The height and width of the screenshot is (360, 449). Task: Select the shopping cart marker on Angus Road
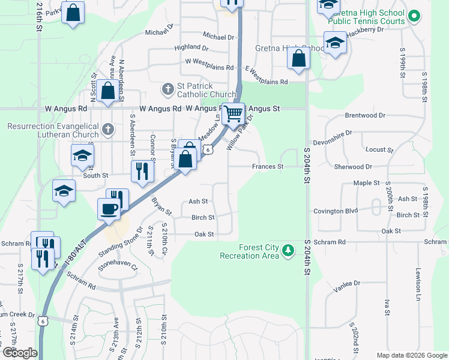click(x=234, y=113)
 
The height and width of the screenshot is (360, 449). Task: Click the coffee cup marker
click(x=109, y=209)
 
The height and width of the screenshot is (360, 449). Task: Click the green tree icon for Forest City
click(x=289, y=249)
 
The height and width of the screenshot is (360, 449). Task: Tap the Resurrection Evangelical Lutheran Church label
click(x=53, y=130)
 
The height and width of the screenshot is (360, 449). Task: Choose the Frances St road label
click(x=267, y=167)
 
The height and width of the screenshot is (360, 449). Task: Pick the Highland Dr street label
click(x=191, y=47)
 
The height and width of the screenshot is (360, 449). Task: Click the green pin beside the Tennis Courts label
click(x=413, y=16)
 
